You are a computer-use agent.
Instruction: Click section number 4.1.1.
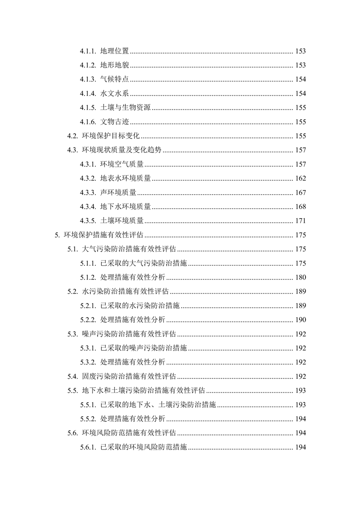(x=88, y=51)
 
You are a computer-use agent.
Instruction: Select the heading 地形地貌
(x=114, y=65)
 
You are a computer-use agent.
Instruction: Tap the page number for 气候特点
(x=301, y=79)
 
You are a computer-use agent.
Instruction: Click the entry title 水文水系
(x=114, y=93)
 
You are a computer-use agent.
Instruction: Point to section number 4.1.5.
(x=88, y=108)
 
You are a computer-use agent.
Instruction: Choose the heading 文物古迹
(x=114, y=122)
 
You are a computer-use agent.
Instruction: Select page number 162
(x=301, y=178)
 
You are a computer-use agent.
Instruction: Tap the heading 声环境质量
(x=118, y=193)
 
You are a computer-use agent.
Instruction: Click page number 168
(x=301, y=207)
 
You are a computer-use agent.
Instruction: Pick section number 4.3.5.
(x=88, y=221)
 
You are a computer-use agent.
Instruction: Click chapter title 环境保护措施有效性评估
(x=104, y=235)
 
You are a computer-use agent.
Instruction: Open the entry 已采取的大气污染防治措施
(x=143, y=264)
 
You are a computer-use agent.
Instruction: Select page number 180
(x=301, y=278)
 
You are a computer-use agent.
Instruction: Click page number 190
(x=301, y=320)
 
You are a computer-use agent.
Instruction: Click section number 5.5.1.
(x=88, y=405)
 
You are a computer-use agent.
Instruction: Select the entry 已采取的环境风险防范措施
(x=143, y=447)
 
